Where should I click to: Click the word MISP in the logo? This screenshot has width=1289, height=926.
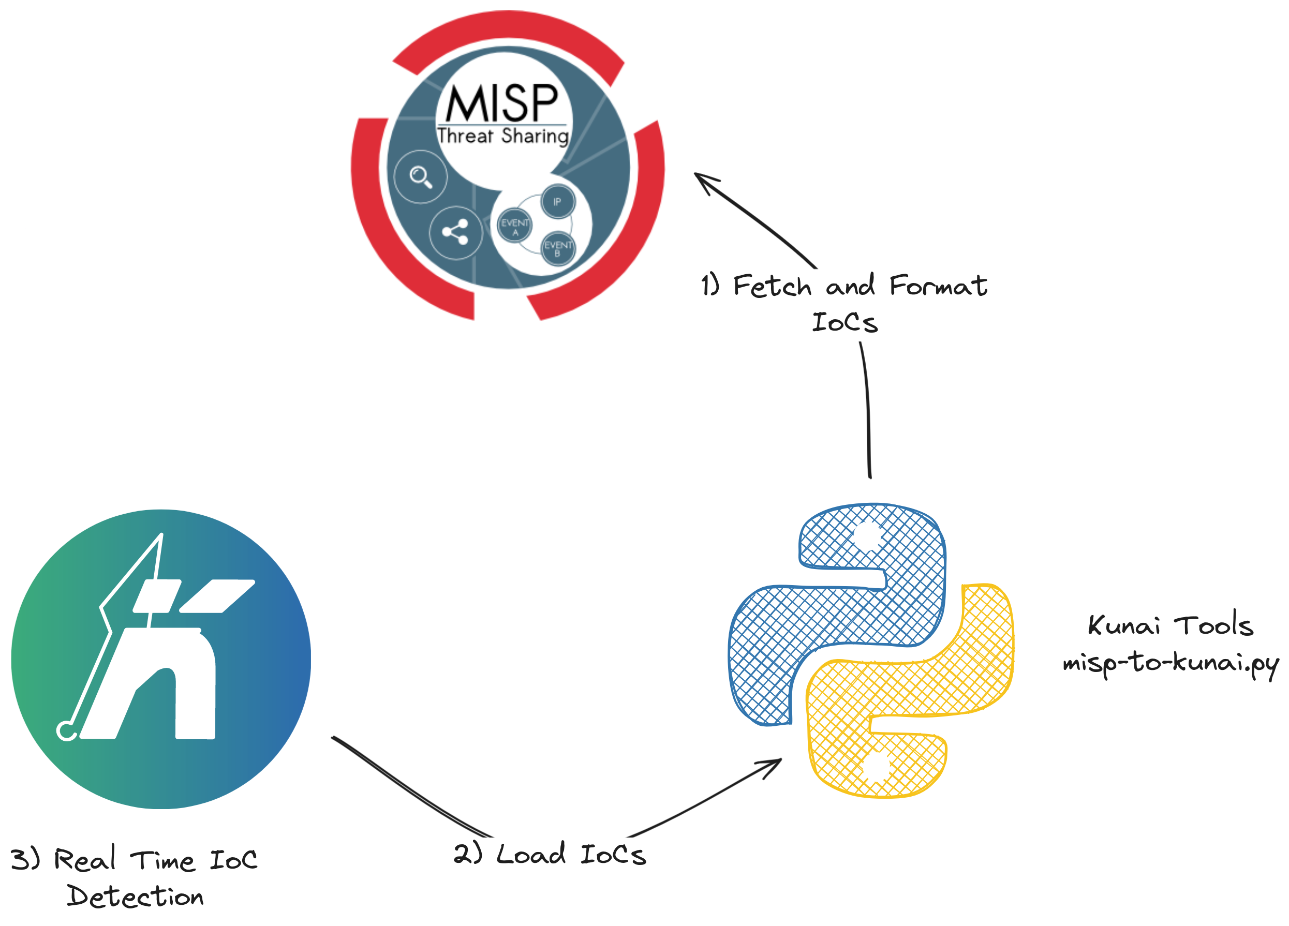[x=502, y=103]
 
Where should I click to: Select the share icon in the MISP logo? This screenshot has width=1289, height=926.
[x=455, y=232]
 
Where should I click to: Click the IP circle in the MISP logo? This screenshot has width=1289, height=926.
[x=557, y=202]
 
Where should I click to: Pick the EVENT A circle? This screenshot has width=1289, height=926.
[x=515, y=226]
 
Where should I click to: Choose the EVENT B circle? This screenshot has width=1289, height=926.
[x=557, y=248]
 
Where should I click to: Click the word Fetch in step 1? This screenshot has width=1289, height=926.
[x=773, y=285]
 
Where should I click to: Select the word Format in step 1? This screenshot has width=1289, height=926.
[x=938, y=285]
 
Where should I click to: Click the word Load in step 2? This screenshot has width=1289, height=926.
[x=531, y=854]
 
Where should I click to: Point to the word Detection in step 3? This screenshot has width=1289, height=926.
[x=135, y=897]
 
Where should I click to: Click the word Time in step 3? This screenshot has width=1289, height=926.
[x=163, y=860]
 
